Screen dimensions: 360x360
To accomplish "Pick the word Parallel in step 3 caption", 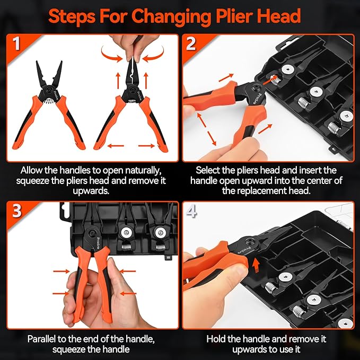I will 42,337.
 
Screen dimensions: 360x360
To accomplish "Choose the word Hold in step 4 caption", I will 218,337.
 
